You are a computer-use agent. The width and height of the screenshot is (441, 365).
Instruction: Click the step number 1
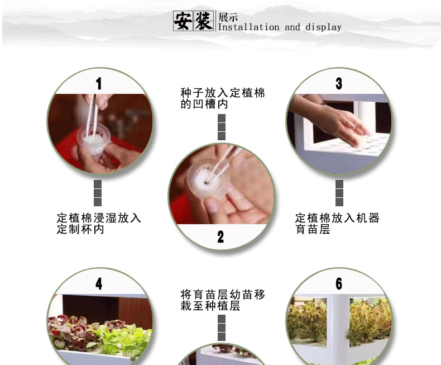tap(98, 84)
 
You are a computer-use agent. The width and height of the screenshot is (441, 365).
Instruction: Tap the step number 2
tap(220, 237)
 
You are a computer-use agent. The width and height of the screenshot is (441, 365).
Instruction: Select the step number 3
tap(339, 83)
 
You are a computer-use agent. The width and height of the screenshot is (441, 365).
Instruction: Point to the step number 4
tap(99, 283)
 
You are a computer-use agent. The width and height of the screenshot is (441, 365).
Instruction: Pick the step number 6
tap(339, 283)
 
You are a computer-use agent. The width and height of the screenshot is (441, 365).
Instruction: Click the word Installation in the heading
tap(248, 27)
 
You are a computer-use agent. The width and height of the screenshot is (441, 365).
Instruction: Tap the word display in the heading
tap(323, 27)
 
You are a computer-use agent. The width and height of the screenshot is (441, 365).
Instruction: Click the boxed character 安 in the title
tap(183, 21)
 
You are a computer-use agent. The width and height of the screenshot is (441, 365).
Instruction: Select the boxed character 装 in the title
tap(204, 21)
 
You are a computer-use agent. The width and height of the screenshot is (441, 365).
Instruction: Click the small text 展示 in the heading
tap(228, 17)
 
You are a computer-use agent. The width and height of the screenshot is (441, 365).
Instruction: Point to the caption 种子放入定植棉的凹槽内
tap(223, 98)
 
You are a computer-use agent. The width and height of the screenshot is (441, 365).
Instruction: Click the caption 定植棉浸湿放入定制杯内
tap(99, 224)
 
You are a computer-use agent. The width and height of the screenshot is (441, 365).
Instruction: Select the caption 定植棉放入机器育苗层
tap(337, 224)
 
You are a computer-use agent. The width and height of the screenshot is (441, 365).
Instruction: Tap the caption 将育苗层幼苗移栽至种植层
tap(223, 300)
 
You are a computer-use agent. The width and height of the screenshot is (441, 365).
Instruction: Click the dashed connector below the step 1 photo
tap(98, 193)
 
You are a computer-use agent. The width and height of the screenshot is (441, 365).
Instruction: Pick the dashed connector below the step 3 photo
tap(339, 193)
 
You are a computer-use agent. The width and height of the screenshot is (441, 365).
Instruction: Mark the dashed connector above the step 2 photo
tap(222, 127)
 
